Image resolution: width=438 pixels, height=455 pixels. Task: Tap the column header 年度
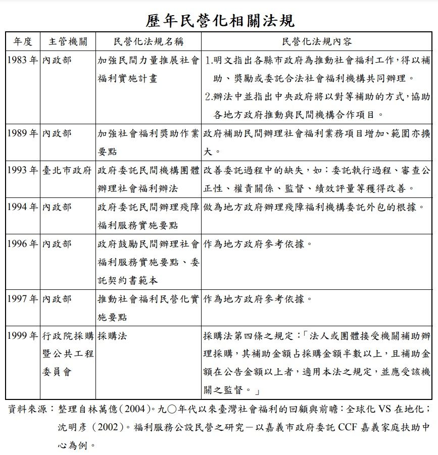(x=22, y=41)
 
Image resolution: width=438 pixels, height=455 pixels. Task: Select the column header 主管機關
(x=68, y=41)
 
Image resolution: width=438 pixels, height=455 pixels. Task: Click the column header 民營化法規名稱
(x=148, y=41)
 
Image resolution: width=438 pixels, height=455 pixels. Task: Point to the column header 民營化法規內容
(x=317, y=41)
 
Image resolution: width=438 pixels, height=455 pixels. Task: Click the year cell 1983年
(x=23, y=60)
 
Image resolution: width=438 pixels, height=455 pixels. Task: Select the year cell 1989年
(x=23, y=133)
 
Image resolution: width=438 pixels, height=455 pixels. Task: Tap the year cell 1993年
(x=23, y=170)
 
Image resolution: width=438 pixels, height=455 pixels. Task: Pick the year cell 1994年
(x=23, y=207)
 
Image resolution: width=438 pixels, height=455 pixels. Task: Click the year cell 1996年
(x=23, y=244)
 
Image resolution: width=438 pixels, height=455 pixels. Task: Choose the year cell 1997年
(x=23, y=298)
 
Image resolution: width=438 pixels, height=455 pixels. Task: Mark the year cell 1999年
(x=23, y=335)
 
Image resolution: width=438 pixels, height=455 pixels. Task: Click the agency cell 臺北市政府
(x=67, y=170)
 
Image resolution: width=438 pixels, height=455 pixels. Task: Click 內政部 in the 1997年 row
(x=57, y=298)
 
